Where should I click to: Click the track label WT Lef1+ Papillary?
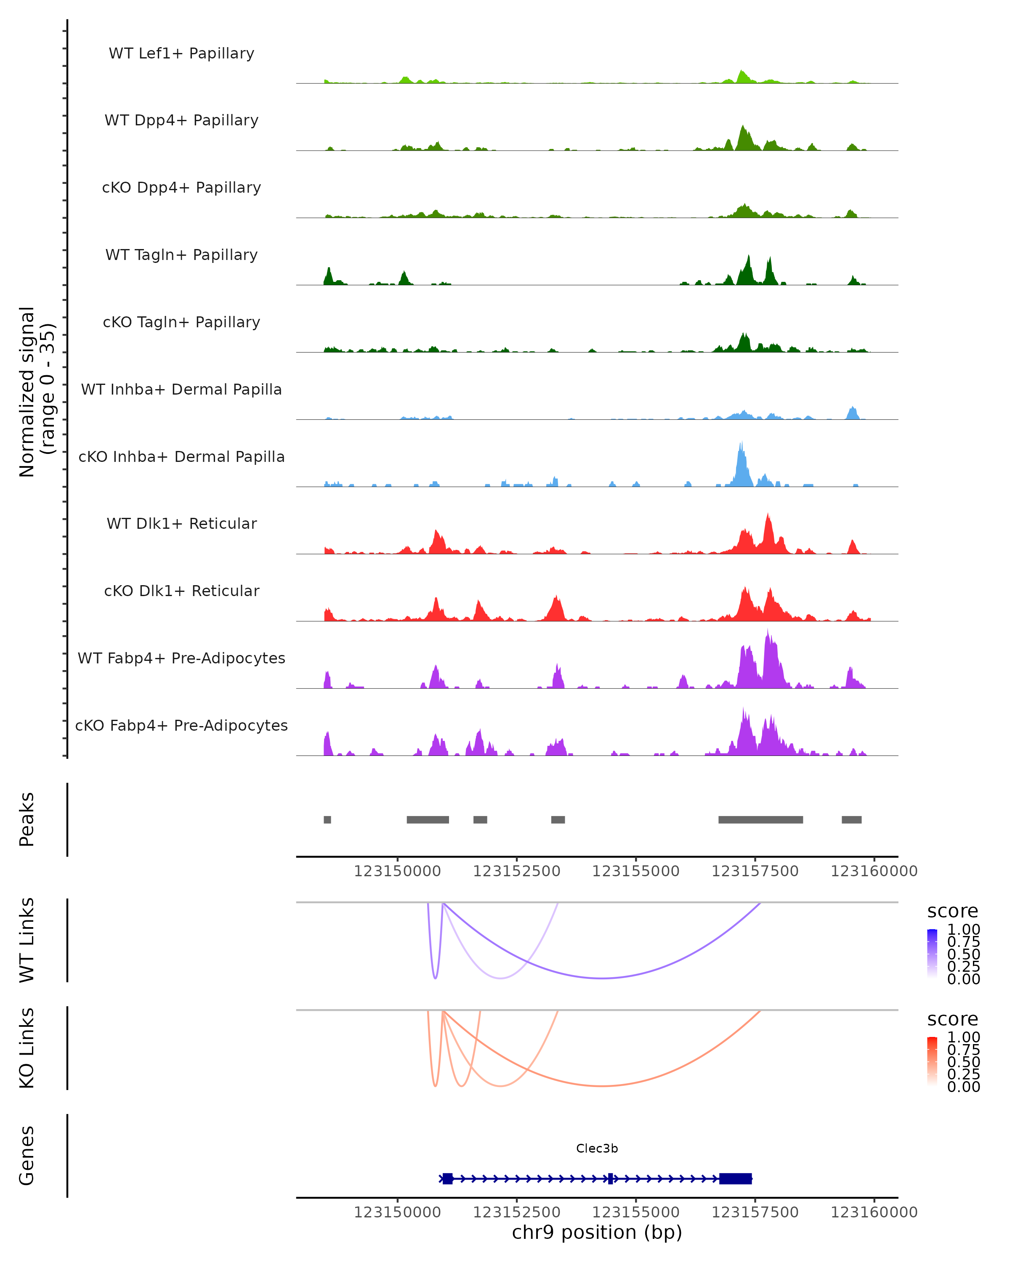pos(181,53)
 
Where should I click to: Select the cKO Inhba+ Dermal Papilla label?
pos(181,456)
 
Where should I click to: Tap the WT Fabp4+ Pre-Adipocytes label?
pos(181,658)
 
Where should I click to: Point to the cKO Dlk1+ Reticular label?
pos(181,591)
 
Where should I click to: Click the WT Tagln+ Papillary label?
pos(181,255)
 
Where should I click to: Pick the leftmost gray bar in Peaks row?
pos(327,819)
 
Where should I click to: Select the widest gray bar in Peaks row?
pos(760,819)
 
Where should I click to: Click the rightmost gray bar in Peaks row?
pos(851,819)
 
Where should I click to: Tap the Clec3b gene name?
pos(597,1148)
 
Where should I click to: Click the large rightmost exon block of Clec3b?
pos(735,1178)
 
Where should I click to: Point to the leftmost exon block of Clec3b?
pos(447,1178)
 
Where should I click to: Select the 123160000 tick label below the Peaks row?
pos(874,871)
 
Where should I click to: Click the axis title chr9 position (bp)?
pos(597,1232)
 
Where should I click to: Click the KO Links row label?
pos(27,1048)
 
